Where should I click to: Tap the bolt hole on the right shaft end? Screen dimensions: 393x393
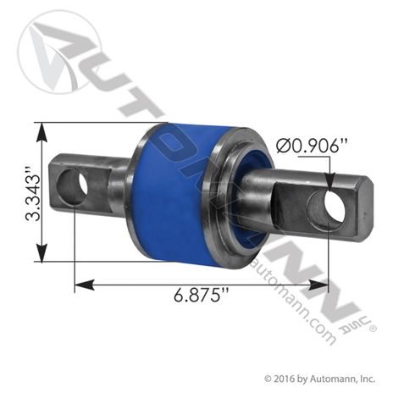[x=325, y=210]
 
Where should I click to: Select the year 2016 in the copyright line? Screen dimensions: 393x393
[x=288, y=379]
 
